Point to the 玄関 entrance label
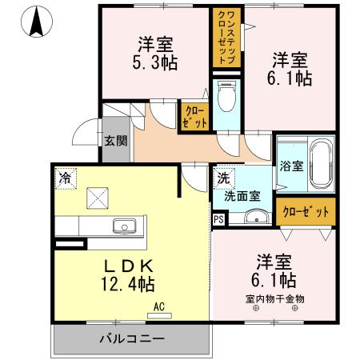tap(116, 142)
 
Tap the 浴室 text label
tap(291, 166)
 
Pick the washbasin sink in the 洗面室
tap(257, 217)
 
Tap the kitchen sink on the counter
tap(126, 225)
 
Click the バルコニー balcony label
tap(132, 338)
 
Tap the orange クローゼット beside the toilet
tap(195, 117)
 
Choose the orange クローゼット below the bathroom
tap(306, 211)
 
